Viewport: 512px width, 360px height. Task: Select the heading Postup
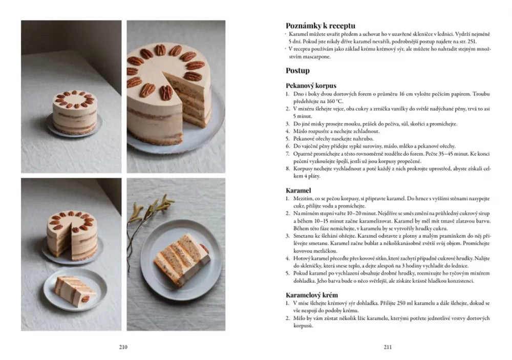(x=297, y=71)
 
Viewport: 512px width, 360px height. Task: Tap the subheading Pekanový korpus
(x=311, y=86)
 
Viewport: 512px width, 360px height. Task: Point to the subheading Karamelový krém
(x=311, y=295)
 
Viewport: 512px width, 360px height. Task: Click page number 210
(x=123, y=347)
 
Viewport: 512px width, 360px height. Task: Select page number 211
(x=388, y=347)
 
